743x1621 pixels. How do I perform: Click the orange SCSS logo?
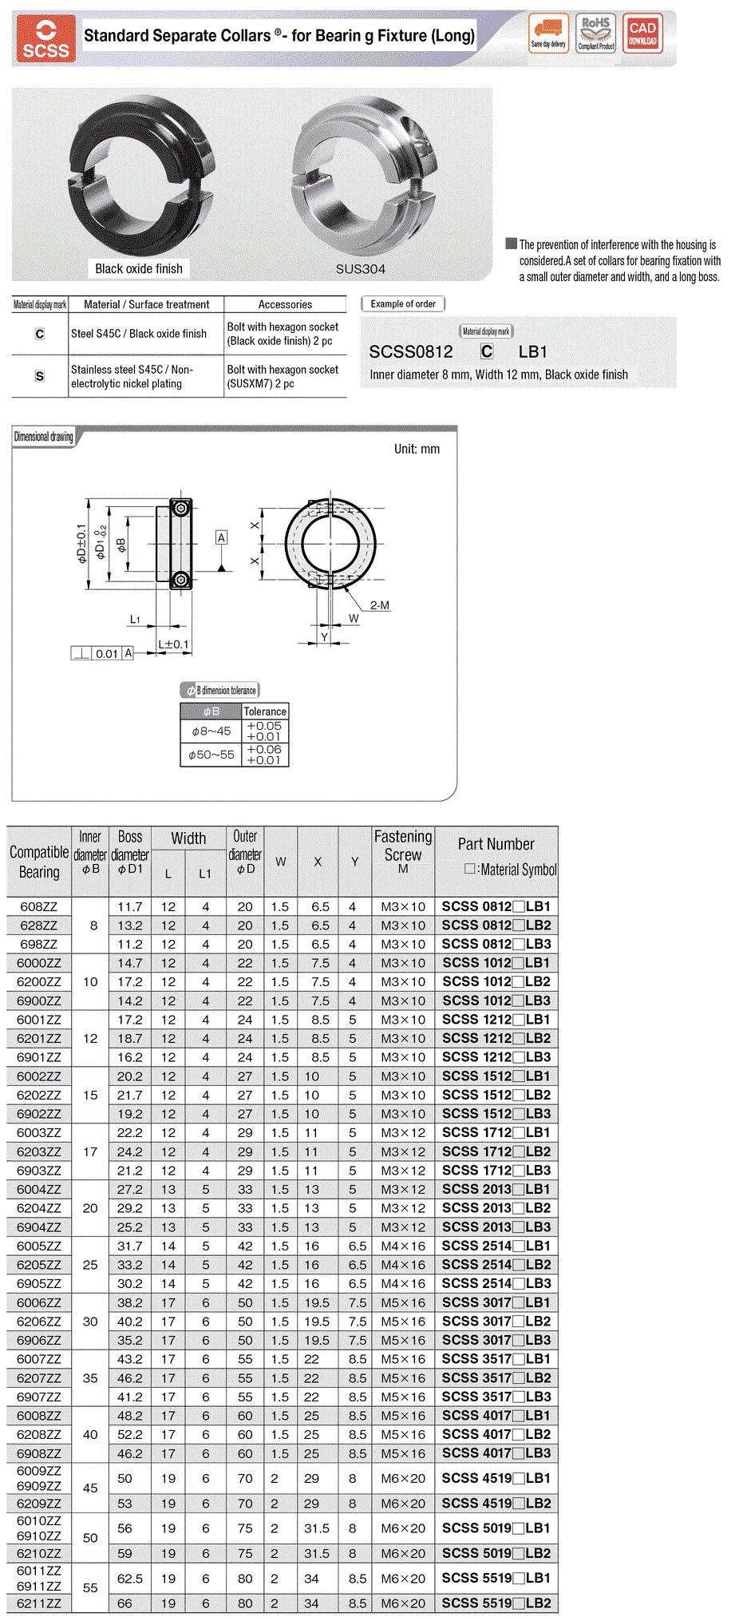tap(45, 38)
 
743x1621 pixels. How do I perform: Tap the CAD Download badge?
tap(642, 34)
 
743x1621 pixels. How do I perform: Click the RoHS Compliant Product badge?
tap(596, 34)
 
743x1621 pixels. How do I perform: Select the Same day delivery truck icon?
tap(548, 34)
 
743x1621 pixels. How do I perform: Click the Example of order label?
tap(403, 304)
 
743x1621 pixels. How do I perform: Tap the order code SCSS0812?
tap(411, 352)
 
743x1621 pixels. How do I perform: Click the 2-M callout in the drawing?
tap(380, 605)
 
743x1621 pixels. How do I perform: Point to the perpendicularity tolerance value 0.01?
tap(107, 654)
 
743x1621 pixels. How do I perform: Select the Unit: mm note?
tap(417, 449)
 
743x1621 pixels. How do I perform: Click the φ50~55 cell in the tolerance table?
tap(211, 755)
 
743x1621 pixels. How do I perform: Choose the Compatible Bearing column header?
tap(39, 862)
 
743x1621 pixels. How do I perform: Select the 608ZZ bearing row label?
tap(39, 907)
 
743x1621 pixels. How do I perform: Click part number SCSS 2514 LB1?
tap(496, 1246)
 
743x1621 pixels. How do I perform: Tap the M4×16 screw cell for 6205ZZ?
tap(403, 1265)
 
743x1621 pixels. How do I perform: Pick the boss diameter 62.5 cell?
tap(129, 1579)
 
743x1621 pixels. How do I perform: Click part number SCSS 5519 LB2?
tap(496, 1603)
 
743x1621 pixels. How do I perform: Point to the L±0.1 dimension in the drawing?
tap(173, 644)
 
